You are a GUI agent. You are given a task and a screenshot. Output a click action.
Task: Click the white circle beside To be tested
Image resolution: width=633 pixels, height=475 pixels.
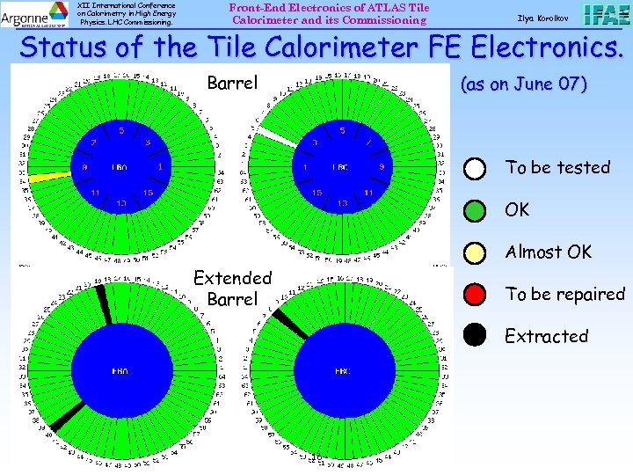click(x=475, y=168)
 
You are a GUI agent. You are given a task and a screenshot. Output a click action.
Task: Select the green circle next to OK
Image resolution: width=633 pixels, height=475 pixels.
click(x=475, y=210)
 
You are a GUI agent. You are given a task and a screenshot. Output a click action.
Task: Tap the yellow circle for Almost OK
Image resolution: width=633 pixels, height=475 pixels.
click(x=475, y=252)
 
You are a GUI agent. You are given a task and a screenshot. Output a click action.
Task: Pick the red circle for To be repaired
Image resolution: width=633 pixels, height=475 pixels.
click(x=475, y=295)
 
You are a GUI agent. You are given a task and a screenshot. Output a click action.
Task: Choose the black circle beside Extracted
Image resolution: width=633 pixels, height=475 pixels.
click(x=475, y=336)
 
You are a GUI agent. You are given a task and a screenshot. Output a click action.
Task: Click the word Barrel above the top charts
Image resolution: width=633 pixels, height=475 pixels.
click(x=232, y=84)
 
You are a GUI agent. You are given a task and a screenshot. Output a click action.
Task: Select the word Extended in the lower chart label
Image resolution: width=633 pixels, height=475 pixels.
click(x=232, y=278)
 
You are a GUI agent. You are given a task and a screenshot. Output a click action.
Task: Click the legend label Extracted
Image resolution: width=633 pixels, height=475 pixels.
click(x=546, y=336)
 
